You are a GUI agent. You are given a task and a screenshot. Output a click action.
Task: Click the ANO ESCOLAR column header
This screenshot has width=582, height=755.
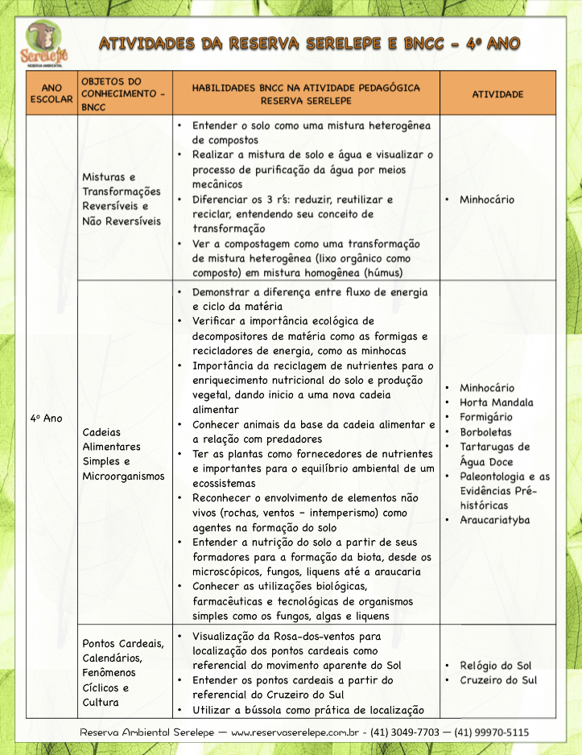click(52, 94)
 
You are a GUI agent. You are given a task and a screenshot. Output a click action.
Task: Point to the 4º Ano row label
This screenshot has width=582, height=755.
click(46, 419)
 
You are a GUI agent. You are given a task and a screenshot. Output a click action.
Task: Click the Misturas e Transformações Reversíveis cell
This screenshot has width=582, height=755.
click(122, 199)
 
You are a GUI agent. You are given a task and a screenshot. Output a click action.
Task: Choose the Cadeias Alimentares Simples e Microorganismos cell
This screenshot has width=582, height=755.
click(123, 454)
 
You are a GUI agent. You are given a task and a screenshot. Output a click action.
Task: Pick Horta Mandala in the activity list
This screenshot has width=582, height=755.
click(496, 402)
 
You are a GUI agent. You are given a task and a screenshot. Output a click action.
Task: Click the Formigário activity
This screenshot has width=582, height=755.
click(485, 417)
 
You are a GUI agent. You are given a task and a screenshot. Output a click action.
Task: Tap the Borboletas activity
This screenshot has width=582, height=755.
click(485, 432)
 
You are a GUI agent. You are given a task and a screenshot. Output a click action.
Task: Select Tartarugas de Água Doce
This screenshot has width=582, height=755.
click(494, 454)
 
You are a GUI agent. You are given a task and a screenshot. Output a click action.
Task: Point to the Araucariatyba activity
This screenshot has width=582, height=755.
click(494, 520)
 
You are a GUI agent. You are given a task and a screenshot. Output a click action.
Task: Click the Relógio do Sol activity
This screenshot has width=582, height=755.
click(495, 666)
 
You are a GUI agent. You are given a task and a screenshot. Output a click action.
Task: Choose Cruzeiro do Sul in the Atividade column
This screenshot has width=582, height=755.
click(497, 680)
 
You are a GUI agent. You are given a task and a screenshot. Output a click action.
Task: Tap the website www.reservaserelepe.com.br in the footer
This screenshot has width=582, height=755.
click(294, 733)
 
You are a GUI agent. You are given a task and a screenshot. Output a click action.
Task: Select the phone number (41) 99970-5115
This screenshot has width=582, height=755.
click(492, 733)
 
